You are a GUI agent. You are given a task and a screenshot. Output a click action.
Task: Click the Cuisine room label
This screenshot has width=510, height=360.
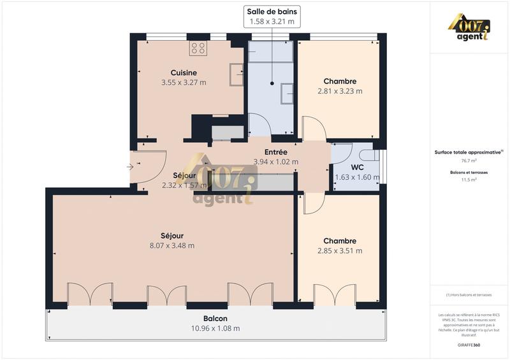(x=184, y=73)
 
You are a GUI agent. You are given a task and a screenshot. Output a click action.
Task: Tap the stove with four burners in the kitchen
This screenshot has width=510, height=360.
(x=198, y=48)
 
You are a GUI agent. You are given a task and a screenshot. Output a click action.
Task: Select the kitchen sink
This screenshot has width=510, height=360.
(x=237, y=74)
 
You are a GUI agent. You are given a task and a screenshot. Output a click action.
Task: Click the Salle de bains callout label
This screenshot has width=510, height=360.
(x=272, y=11)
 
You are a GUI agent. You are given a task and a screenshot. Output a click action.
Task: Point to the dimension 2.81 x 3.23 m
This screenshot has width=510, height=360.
(x=340, y=91)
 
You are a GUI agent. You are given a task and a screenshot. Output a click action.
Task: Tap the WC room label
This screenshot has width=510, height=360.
(x=357, y=168)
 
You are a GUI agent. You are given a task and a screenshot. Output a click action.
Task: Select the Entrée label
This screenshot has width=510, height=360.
(x=275, y=152)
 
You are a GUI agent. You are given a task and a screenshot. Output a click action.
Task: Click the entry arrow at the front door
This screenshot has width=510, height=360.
(x=130, y=167)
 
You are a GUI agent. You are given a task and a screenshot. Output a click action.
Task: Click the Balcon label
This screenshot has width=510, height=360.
(x=215, y=319)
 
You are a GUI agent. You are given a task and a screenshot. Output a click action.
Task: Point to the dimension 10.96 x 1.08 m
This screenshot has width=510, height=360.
(x=215, y=328)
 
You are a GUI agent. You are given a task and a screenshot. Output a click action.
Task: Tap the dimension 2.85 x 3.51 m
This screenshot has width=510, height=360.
(x=340, y=250)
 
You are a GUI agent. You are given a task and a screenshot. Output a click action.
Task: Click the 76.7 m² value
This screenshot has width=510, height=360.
(x=469, y=161)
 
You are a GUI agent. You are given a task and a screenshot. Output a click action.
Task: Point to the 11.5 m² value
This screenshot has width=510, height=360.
(x=469, y=180)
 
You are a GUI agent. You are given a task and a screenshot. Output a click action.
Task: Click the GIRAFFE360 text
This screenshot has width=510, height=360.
(x=469, y=343)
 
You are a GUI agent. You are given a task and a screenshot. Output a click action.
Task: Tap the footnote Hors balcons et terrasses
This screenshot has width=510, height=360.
(x=469, y=294)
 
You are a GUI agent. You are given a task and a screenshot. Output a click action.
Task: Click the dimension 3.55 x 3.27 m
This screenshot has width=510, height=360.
(x=184, y=82)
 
